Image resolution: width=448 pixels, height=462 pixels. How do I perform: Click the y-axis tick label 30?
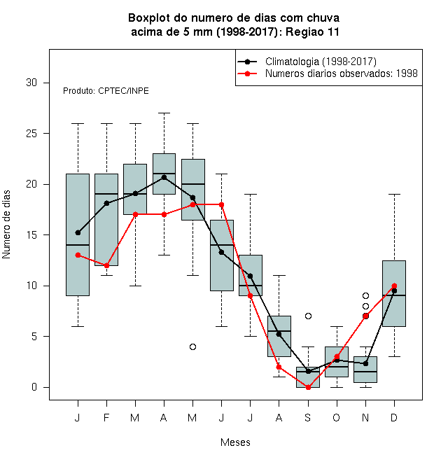point(31,83)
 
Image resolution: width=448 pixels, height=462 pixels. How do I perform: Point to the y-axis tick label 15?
point(31,234)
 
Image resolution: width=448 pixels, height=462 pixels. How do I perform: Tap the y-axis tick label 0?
point(34,387)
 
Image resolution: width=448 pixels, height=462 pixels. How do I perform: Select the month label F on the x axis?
point(106,417)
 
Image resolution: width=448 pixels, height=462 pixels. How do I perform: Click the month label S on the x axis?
point(308,417)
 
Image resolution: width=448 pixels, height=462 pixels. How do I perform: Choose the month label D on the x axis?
point(394,417)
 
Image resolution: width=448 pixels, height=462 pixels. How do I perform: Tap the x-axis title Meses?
point(235,442)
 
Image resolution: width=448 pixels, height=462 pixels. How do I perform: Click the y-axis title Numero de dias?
point(6,225)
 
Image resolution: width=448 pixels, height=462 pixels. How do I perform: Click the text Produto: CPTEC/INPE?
point(106,91)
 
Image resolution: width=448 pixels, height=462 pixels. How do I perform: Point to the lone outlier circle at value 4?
point(192,346)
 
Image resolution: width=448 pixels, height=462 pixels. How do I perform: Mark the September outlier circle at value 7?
point(308,316)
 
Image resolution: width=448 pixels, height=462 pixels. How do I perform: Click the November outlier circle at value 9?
point(365,295)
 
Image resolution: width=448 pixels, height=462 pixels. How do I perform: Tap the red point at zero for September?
point(308,387)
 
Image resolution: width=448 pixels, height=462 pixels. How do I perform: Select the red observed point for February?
point(106,265)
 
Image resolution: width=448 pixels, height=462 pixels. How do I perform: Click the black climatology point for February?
point(106,203)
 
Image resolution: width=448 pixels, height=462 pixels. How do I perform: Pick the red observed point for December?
point(394,286)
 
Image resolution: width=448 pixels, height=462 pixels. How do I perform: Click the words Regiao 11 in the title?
point(312,31)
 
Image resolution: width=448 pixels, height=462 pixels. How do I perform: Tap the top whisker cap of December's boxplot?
point(394,195)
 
